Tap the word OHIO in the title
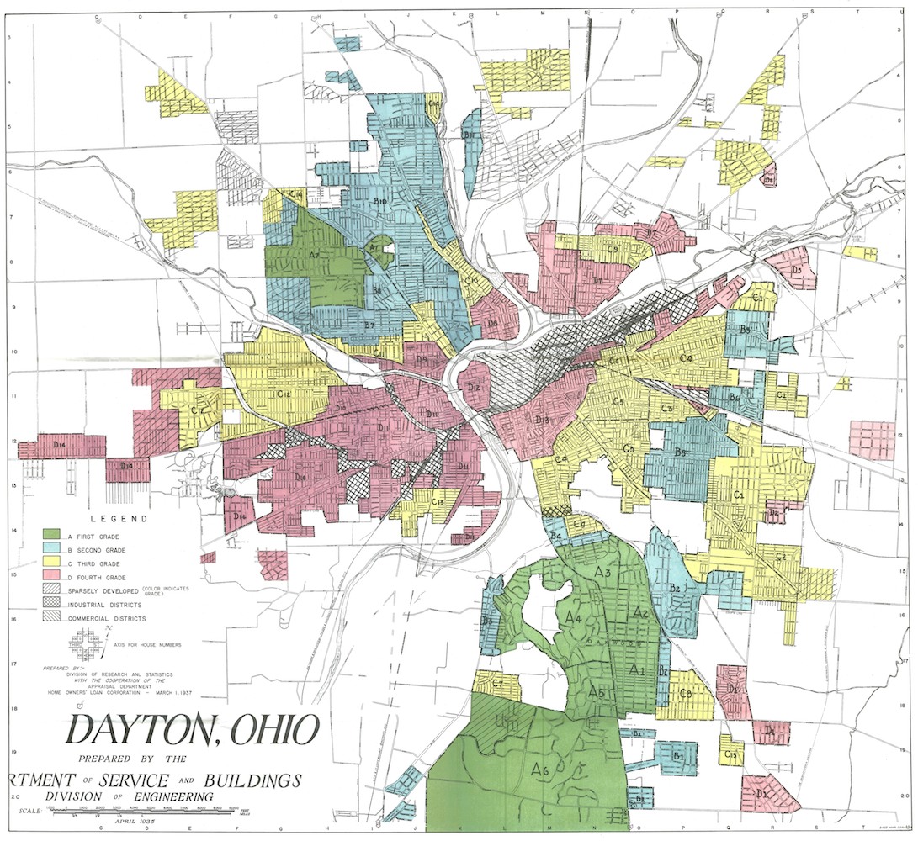[x=273, y=730]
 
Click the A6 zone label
[x=540, y=768]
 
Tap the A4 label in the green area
[x=574, y=618]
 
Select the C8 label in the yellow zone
[x=686, y=693]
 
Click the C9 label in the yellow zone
[x=614, y=249]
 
